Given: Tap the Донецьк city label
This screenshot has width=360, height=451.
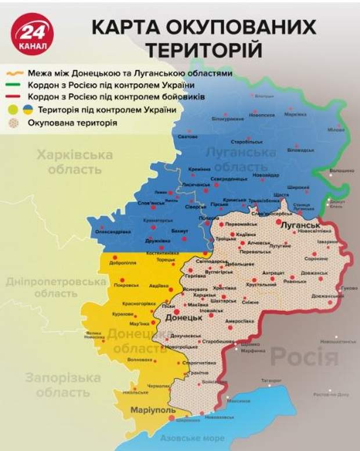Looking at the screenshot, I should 184,319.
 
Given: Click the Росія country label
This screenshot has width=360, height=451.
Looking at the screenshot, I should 304,356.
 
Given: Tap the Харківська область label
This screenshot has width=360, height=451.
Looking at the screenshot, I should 74,162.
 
